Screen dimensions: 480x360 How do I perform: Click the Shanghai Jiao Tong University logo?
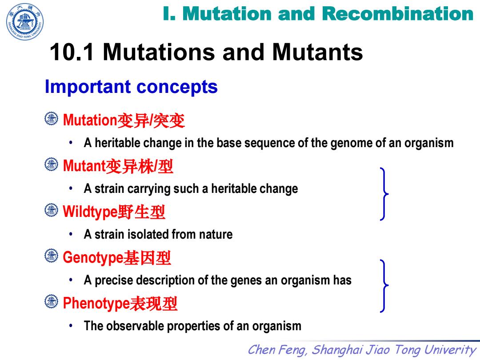click(x=25, y=22)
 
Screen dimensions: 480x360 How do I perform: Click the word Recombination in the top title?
click(x=398, y=14)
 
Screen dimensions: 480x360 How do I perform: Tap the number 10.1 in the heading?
click(x=72, y=52)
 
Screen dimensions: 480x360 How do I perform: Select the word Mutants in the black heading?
click(x=317, y=52)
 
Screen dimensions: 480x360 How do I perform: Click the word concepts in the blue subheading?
click(x=177, y=87)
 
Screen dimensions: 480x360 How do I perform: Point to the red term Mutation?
click(x=90, y=120)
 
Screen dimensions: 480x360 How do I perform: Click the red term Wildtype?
click(x=90, y=212)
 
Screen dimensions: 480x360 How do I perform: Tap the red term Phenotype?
click(x=96, y=304)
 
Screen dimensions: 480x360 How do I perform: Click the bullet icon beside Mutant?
click(x=51, y=164)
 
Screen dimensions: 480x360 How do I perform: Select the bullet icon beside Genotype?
click(x=51, y=256)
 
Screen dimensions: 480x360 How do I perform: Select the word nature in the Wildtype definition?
click(x=216, y=235)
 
